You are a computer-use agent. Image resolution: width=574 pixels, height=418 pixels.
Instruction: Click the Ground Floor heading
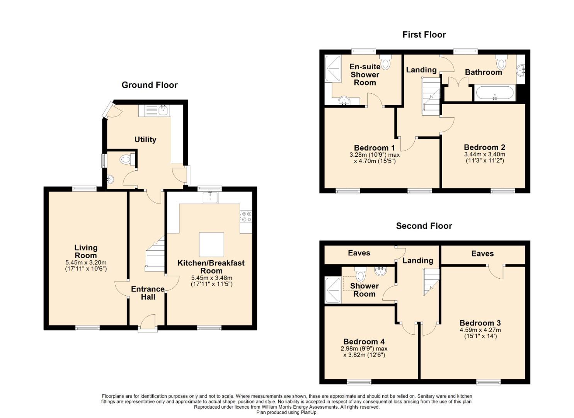coord(149,85)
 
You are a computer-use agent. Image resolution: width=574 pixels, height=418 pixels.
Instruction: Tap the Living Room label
coord(85,252)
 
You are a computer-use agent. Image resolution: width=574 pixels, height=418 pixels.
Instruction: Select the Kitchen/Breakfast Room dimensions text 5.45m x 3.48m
coord(211,278)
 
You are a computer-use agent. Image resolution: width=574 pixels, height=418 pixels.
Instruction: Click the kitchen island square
coord(211,244)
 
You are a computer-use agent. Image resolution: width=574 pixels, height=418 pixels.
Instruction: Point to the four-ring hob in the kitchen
coord(246,217)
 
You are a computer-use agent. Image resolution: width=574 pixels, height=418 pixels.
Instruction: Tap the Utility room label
coord(145,140)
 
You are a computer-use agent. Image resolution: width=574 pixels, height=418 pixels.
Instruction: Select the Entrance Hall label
coord(148,293)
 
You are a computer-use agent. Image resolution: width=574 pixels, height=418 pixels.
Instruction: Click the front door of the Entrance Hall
coord(148,323)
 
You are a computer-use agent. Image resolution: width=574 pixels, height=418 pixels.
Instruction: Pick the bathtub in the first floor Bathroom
coord(494,93)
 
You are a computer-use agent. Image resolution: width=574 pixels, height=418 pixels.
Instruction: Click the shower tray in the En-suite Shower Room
coord(333,69)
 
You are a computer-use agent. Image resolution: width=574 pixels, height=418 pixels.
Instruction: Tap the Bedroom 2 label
coord(485,147)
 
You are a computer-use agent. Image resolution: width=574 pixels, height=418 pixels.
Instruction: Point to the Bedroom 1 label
coord(375,148)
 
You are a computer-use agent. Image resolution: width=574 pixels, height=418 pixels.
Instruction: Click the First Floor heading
coord(424,35)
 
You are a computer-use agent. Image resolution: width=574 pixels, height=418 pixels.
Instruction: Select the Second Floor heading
coord(424,226)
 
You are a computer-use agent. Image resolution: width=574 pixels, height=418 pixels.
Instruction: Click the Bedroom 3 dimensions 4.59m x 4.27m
coord(480,330)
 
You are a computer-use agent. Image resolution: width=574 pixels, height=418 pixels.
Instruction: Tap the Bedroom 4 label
coord(364,341)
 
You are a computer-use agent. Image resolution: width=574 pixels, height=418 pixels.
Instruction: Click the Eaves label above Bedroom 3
coord(482,254)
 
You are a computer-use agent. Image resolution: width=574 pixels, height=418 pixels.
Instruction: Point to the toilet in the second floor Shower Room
coord(361,274)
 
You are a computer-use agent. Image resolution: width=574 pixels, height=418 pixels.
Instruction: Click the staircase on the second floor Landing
coord(431,282)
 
